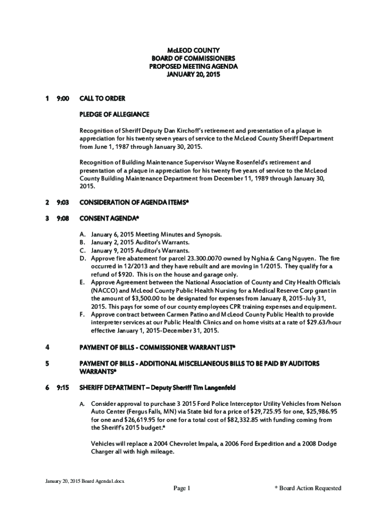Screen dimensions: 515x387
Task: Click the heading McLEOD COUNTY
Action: pyautogui.click(x=193, y=50)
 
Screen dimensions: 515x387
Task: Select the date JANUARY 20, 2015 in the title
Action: pyautogui.click(x=193, y=74)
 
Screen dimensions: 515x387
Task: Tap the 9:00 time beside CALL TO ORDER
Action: pyautogui.click(x=62, y=98)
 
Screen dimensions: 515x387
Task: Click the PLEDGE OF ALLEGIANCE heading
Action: pyautogui.click(x=114, y=115)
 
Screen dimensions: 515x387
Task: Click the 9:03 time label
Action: pyautogui.click(x=62, y=202)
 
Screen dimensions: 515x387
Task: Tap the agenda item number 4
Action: pyautogui.click(x=47, y=347)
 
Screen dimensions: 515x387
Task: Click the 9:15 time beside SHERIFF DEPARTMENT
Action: pyautogui.click(x=62, y=388)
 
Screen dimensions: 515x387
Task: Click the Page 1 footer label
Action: pyautogui.click(x=181, y=488)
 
